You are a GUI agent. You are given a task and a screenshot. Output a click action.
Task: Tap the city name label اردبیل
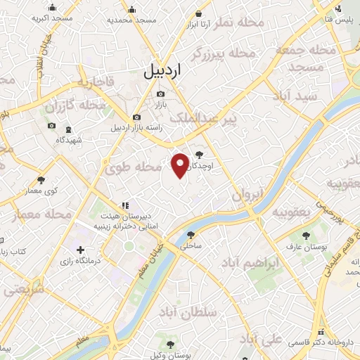[x=162, y=70]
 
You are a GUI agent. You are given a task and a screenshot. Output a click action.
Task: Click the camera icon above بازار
[x=160, y=94]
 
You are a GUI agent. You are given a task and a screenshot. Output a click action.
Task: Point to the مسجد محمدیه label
[x=136, y=20]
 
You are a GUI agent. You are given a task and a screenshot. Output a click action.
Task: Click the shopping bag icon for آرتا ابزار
[x=200, y=13]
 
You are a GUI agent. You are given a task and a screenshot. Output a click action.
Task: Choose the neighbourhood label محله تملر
[x=242, y=23]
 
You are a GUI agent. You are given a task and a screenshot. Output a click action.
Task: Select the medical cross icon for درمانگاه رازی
[x=80, y=250]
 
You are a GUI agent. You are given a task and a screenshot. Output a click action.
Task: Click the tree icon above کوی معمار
[x=41, y=180]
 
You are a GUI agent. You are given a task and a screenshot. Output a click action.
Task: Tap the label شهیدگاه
[x=69, y=140]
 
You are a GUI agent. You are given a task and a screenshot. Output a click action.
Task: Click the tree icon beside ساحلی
[x=192, y=236]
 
